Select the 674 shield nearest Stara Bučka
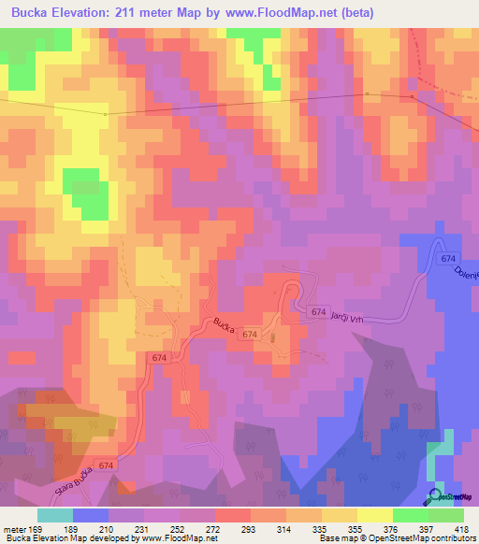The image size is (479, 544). [x=106, y=465]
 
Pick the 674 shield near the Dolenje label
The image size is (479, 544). [x=449, y=257]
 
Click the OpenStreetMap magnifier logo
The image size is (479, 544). [x=437, y=495]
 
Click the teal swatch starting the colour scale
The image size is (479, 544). [x=55, y=515]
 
